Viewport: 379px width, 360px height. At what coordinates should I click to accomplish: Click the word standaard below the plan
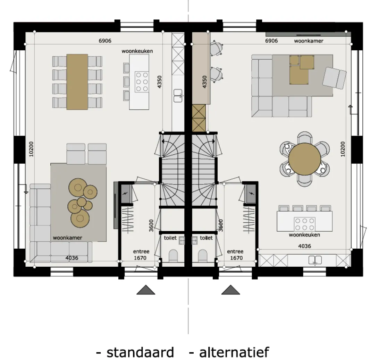tap(140, 352)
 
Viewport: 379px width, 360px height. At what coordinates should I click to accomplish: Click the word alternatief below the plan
tap(234, 352)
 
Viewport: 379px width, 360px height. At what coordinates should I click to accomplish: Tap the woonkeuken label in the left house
tap(137, 51)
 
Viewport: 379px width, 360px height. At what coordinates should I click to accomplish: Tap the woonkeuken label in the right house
tap(304, 235)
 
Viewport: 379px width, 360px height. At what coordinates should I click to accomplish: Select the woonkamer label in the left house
tap(67, 238)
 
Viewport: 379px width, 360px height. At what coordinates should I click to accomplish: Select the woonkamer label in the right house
tap(309, 41)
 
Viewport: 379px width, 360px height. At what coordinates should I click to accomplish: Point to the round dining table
tap(305, 159)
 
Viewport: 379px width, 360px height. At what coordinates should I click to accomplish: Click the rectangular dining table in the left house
tap(77, 82)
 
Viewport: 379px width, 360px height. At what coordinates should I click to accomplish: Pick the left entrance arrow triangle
tap(146, 290)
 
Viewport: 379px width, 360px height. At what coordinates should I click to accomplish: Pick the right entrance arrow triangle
tap(230, 290)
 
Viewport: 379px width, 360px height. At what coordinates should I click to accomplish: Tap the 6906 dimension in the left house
tap(105, 41)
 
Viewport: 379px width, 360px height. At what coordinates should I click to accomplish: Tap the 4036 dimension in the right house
tap(305, 246)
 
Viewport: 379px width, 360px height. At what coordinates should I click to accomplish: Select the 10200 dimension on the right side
tap(343, 149)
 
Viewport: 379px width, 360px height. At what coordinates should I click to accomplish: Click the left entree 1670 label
tap(141, 255)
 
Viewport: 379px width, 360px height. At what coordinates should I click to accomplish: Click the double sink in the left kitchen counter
tap(178, 95)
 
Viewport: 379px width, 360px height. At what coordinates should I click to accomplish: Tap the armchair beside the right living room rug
tap(335, 78)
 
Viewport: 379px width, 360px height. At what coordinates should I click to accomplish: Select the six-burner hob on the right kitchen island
tap(305, 224)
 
